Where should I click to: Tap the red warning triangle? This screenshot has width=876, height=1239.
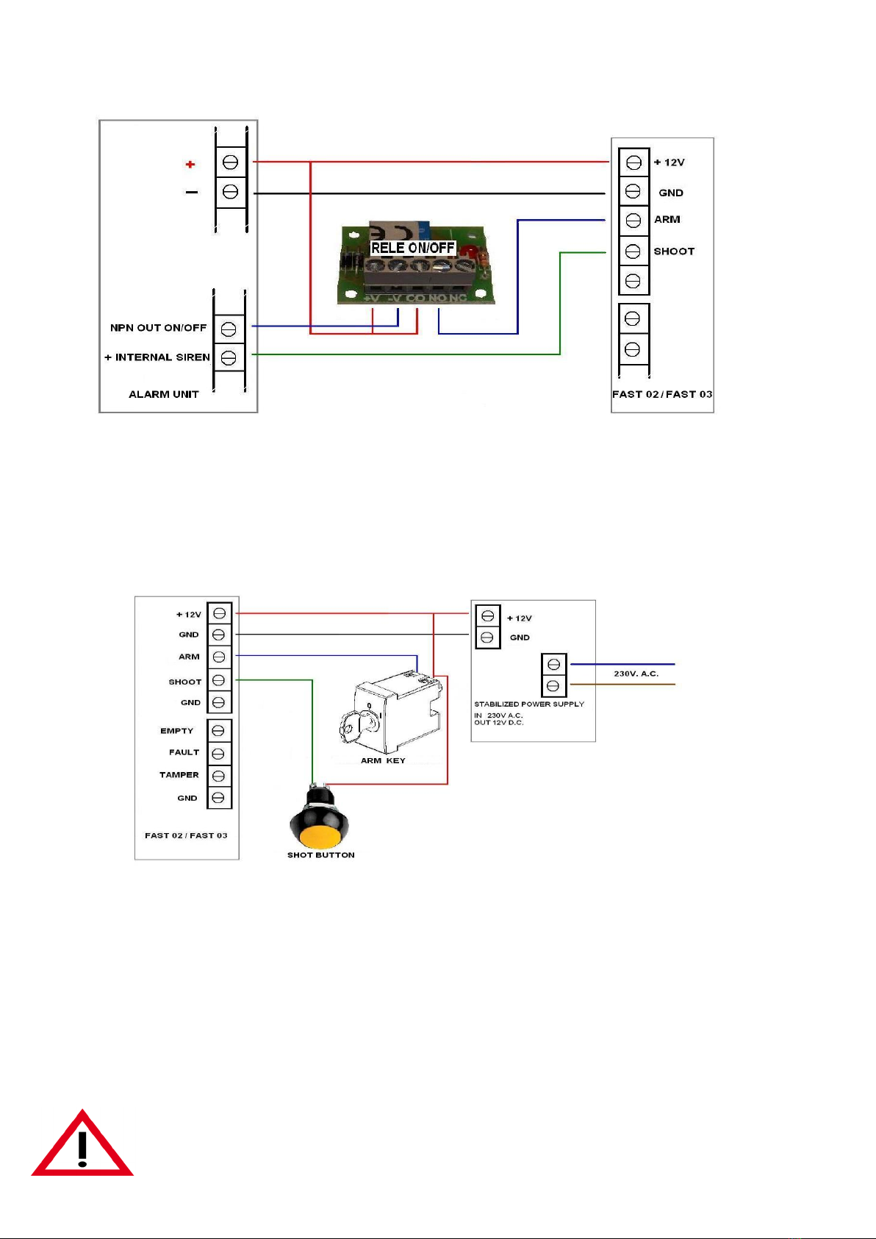click(82, 1143)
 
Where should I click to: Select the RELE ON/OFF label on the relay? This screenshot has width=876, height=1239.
click(413, 247)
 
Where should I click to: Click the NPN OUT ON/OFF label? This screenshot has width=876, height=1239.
click(158, 327)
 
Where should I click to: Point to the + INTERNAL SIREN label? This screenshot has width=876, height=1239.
click(157, 357)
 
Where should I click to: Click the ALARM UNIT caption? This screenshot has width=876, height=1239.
click(164, 394)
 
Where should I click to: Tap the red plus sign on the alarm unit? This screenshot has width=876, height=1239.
click(190, 164)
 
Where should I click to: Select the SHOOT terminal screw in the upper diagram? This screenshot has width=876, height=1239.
click(633, 251)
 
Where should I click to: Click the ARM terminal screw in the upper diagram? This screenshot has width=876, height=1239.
click(633, 221)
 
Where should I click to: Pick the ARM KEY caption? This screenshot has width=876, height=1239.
click(383, 760)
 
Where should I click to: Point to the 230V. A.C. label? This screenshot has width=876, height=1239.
click(636, 673)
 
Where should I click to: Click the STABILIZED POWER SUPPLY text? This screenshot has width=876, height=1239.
click(529, 704)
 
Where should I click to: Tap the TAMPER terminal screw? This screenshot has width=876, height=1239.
click(218, 776)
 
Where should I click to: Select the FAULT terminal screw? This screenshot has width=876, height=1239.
click(218, 754)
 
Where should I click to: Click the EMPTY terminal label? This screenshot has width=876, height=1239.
click(177, 731)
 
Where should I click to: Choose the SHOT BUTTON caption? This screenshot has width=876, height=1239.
click(321, 854)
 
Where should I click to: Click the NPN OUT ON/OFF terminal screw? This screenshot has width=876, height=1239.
click(229, 329)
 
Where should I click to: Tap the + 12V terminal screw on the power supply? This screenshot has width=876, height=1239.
click(487, 615)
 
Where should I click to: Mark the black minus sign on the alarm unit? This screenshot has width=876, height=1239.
click(192, 192)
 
